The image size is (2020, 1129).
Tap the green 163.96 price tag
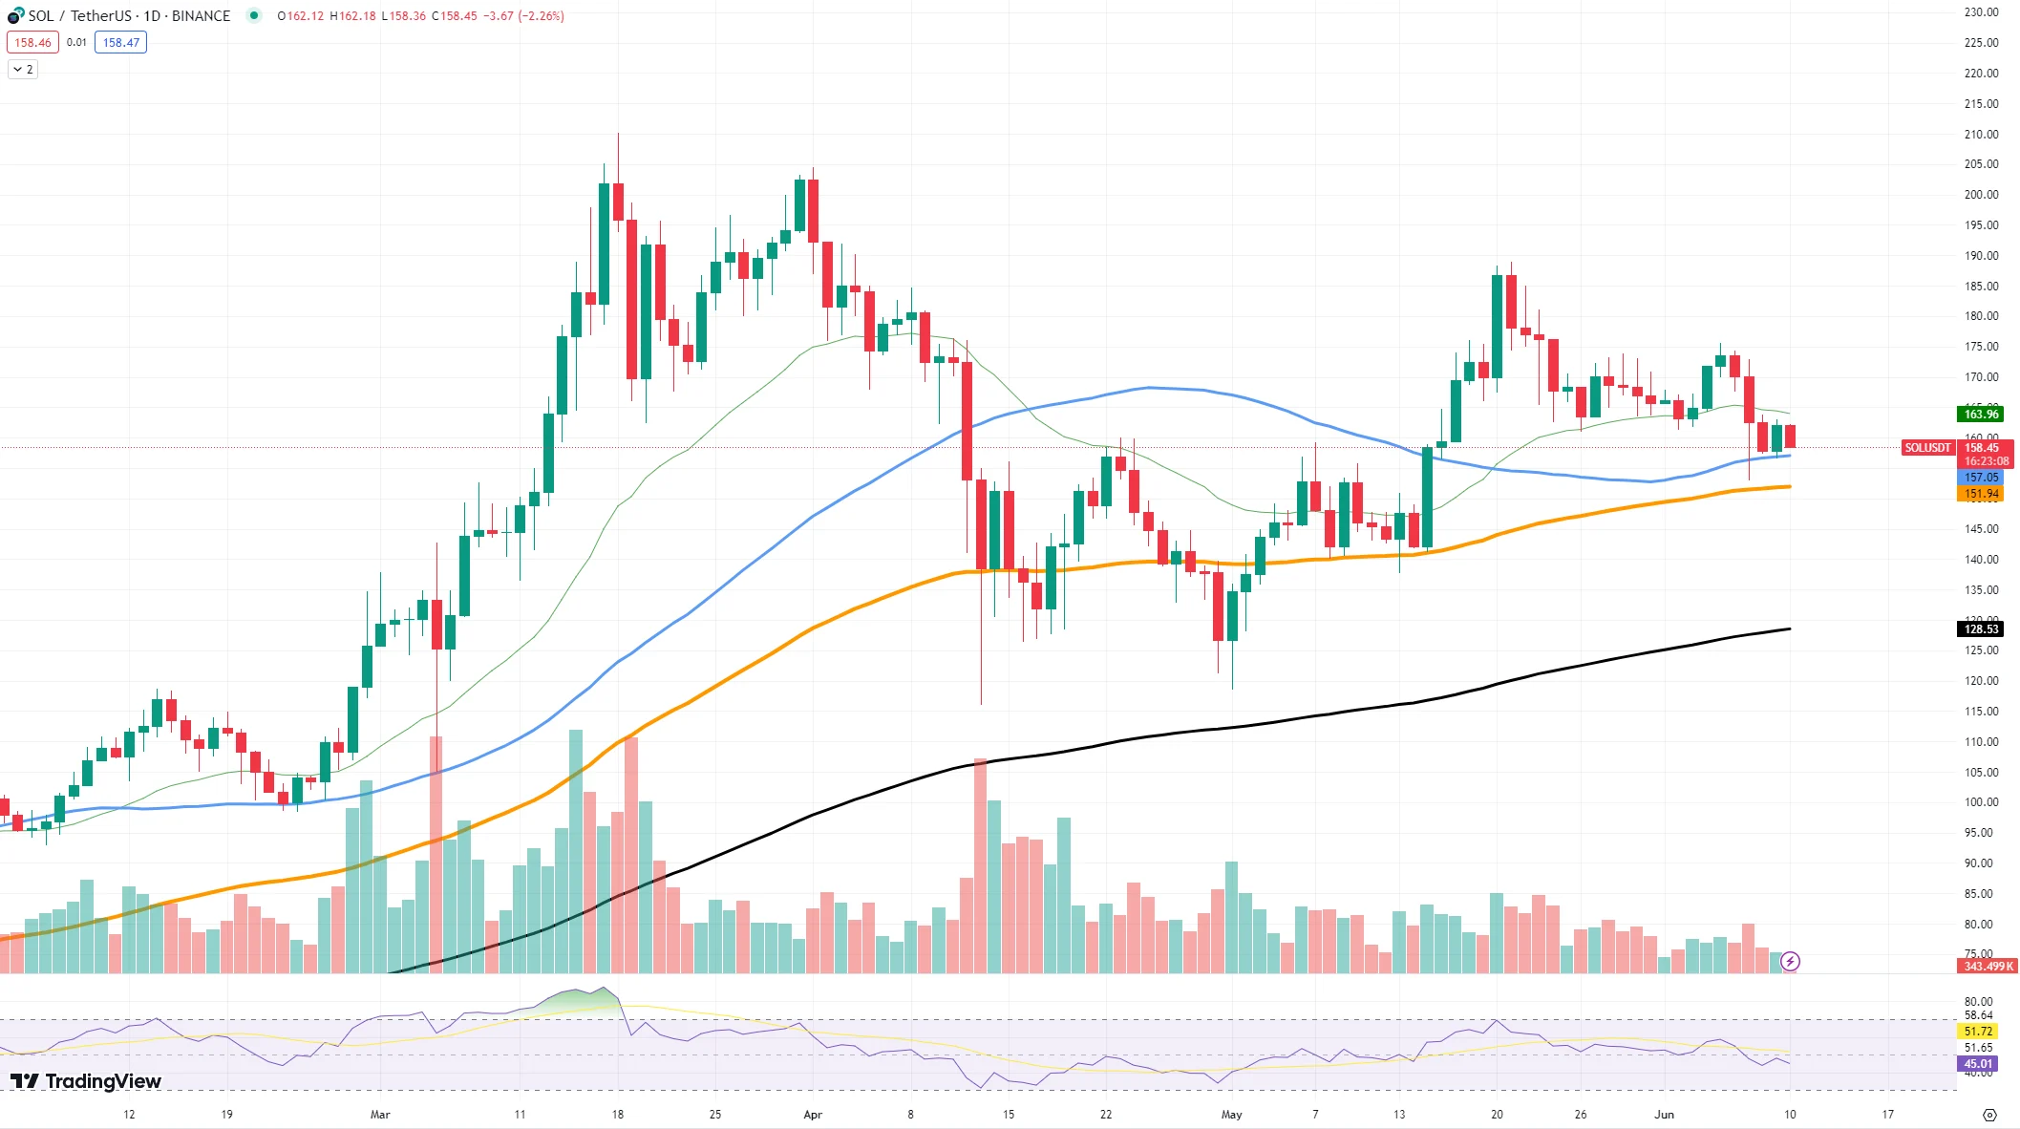click(x=1980, y=414)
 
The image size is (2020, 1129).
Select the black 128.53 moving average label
click(x=1980, y=628)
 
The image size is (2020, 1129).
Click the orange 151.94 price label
click(x=1980, y=494)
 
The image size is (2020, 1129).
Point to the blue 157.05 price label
click(x=1980, y=477)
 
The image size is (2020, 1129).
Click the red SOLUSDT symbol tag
click(x=1926, y=447)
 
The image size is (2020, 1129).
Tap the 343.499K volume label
click(x=1988, y=966)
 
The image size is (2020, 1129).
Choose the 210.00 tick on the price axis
click(x=1981, y=134)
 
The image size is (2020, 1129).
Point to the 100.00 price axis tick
click(x=1981, y=802)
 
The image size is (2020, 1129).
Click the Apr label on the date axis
click(x=813, y=1114)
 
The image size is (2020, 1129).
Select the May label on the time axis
click(x=1231, y=1114)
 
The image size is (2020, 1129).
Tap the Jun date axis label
click(x=1664, y=1114)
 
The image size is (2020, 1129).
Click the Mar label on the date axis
click(x=380, y=1114)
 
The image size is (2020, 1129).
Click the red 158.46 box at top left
click(x=32, y=42)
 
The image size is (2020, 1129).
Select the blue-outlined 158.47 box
click(x=120, y=42)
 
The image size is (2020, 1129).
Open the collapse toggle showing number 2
click(x=23, y=69)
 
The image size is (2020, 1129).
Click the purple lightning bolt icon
click(x=1790, y=961)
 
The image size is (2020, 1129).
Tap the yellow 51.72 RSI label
click(x=1977, y=1032)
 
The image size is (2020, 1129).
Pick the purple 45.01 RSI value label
click(x=1977, y=1063)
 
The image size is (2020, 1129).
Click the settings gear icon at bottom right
click(x=1989, y=1115)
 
